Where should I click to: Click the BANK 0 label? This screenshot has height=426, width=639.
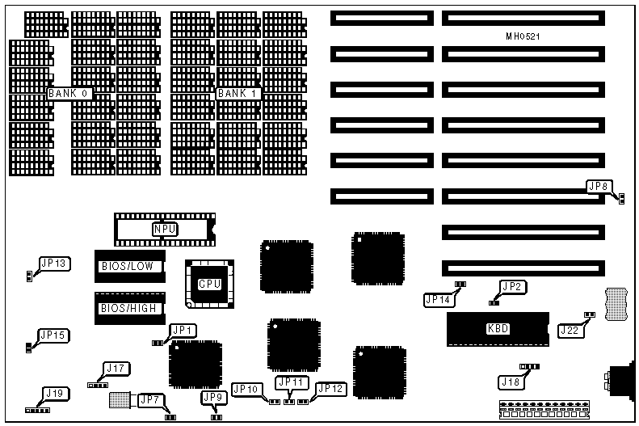pos(69,94)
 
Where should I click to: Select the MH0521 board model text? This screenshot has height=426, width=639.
pos(523,37)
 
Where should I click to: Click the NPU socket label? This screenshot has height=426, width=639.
pos(165,230)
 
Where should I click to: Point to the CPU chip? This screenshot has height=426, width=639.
pos(210,284)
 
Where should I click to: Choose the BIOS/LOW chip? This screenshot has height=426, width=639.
pos(130,266)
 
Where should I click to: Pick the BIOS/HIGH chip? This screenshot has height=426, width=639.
pos(130,308)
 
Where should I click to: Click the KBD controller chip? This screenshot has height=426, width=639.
pos(498,329)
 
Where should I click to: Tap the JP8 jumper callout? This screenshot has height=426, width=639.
pos(599,188)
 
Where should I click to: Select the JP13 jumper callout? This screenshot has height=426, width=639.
pos(54,263)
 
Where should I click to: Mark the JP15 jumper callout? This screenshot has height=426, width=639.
pos(53,335)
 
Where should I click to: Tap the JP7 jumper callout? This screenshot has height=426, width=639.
pos(150,399)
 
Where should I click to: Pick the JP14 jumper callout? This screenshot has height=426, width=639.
pos(437,300)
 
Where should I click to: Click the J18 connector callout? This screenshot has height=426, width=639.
pos(511,382)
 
